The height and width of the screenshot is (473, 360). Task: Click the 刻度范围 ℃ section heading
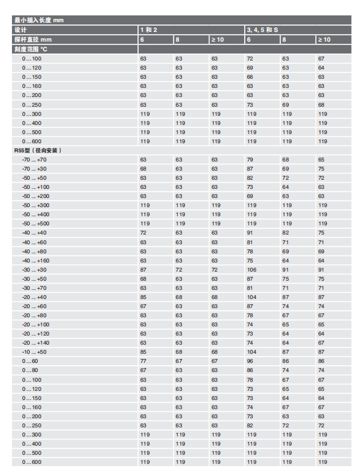[x=32, y=49]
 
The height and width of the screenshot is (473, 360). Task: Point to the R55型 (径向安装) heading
[x=38, y=151]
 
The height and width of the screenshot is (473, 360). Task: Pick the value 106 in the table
[x=251, y=270]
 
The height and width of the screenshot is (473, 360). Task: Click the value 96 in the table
[x=250, y=361]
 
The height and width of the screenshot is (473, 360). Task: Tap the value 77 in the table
[x=144, y=361]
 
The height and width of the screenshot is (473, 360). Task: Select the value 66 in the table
[x=250, y=77]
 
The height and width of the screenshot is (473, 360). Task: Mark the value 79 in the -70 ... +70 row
[x=250, y=160]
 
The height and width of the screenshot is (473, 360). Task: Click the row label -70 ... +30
[x=34, y=169]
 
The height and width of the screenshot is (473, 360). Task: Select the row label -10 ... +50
[x=34, y=352]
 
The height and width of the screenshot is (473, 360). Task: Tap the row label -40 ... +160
[x=35, y=261]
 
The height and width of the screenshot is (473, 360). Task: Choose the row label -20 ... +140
[x=35, y=343]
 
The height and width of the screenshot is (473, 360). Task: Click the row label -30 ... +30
[x=34, y=270]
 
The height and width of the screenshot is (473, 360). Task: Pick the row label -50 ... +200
[x=35, y=196]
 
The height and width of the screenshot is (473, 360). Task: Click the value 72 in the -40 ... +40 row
[x=144, y=233]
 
